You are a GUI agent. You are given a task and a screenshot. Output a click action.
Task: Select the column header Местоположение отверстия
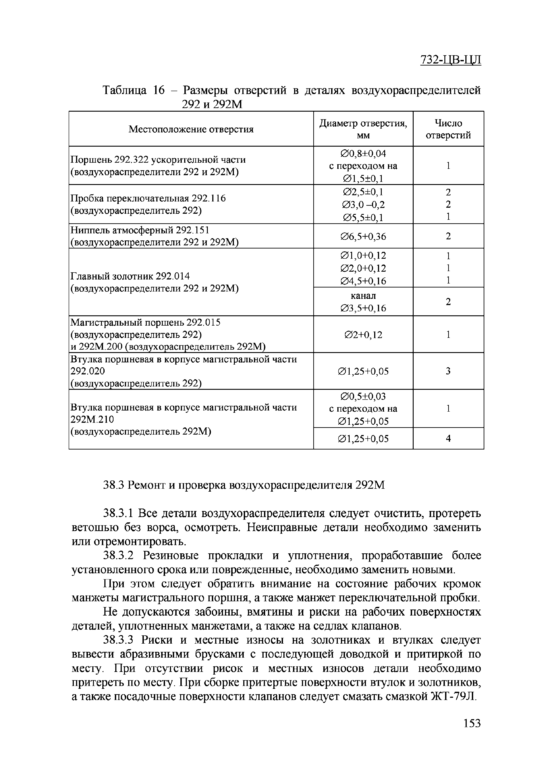(x=191, y=129)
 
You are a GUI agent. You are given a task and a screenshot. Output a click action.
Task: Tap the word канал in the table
(x=363, y=296)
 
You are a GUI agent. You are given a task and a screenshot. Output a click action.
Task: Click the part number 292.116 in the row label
(x=208, y=198)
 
